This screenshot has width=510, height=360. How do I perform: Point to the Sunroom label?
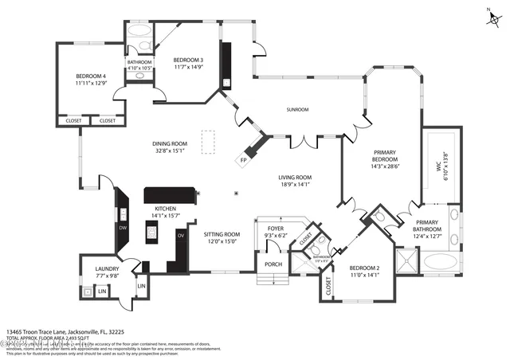(x=298, y=110)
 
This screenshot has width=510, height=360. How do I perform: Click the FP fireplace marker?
(x=243, y=161)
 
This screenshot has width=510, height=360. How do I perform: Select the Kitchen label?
(x=165, y=209)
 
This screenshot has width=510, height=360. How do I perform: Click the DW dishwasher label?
(x=123, y=229)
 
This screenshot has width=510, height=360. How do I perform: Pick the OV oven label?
(x=181, y=236)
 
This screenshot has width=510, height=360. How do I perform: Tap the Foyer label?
(x=276, y=228)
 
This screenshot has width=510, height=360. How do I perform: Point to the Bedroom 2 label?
(x=364, y=268)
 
